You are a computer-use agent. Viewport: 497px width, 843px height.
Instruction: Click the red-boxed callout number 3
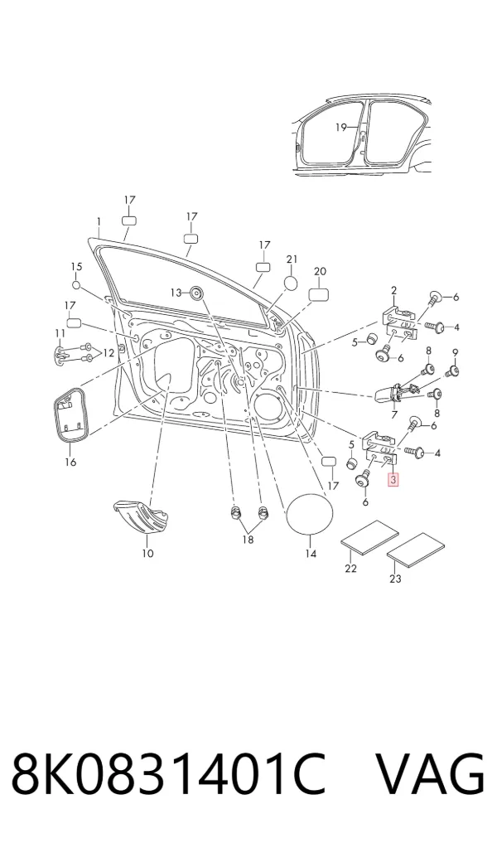pos(393,478)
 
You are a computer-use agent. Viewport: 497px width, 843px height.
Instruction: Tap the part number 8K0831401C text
pos(168,774)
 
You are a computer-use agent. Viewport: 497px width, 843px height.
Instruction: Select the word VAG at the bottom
pos(430,774)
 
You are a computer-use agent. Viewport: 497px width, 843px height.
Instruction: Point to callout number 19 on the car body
pos(340,128)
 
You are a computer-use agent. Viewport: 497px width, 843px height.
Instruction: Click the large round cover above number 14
pos(309,513)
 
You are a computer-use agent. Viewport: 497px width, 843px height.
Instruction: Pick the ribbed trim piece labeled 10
pos(142,517)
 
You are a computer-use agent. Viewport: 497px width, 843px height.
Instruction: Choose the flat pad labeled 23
pos(417,550)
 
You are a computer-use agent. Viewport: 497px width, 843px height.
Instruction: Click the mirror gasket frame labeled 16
pos(70,414)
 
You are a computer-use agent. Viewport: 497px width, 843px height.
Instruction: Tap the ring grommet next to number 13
pos(196,293)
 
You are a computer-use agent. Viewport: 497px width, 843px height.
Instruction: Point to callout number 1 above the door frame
pos(99,221)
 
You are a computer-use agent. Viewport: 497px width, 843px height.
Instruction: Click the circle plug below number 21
pos(290,283)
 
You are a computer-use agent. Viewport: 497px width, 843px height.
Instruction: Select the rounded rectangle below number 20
pos(318,294)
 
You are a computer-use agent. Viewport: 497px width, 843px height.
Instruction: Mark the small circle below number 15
pos(75,284)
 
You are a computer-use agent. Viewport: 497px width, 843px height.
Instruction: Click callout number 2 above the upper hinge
pos(393,291)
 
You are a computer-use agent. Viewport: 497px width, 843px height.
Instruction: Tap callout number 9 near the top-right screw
pos(455,353)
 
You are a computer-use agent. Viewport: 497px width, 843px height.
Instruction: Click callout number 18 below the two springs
pos(248,540)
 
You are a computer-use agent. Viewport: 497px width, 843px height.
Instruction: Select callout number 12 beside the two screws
pos(109,353)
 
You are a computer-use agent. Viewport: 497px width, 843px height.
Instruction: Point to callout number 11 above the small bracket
pos(60,333)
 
